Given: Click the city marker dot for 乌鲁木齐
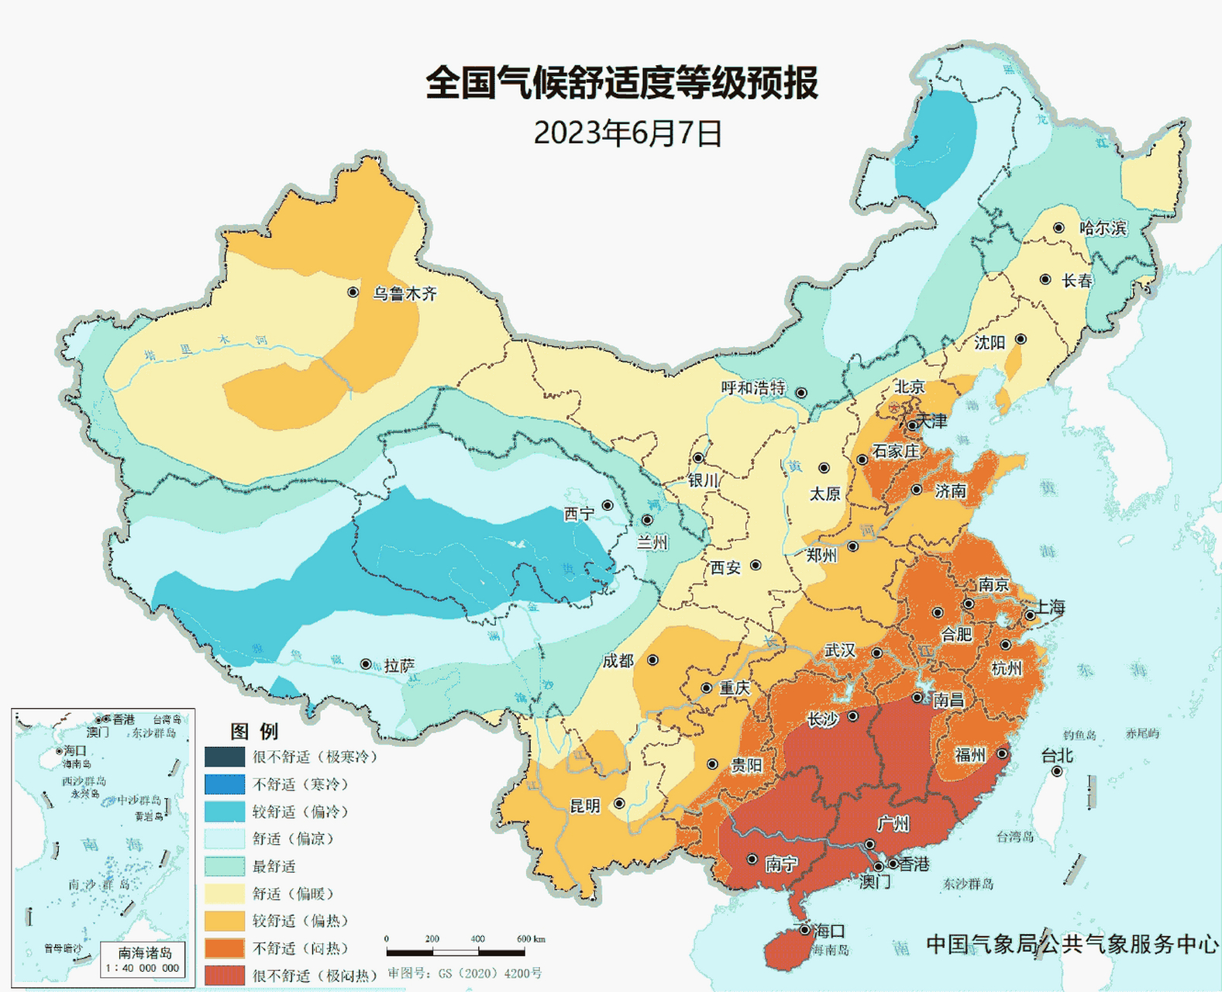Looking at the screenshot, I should coord(353,292).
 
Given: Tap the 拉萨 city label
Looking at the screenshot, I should coord(400,666).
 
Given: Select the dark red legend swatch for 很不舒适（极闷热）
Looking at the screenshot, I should coord(225,975).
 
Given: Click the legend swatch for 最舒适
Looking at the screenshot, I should coord(225,866).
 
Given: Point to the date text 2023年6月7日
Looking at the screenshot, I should coord(628,133).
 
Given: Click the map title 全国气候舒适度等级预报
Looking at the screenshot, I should coord(621,83).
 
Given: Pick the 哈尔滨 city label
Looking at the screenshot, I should coord(1103,229).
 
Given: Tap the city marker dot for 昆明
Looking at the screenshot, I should coord(619,804).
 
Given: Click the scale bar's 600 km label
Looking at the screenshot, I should coord(531,939).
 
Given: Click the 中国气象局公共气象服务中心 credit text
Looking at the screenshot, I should coord(1072,944).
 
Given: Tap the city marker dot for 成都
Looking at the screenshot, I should coord(653,660).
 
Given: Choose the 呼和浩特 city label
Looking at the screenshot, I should coord(753,387).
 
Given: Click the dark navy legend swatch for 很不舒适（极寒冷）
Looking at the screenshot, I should coord(225,756).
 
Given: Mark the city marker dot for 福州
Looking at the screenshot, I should coord(1002,753).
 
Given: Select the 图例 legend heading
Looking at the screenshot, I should coord(253,731).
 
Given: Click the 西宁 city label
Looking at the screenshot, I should coord(579,514).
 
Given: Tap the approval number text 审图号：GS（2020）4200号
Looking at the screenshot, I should coord(465,973).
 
